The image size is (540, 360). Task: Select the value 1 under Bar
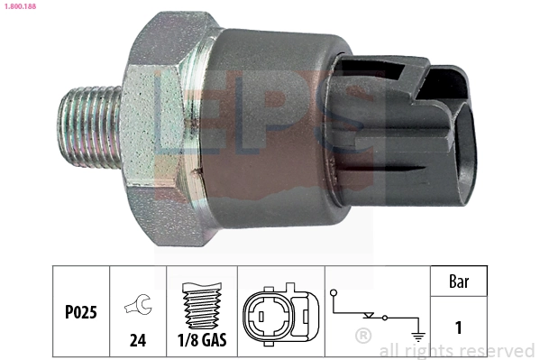click(460, 328)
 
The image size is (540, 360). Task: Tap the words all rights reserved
click(457, 350)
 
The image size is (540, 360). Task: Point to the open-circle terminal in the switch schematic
click(334, 293)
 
